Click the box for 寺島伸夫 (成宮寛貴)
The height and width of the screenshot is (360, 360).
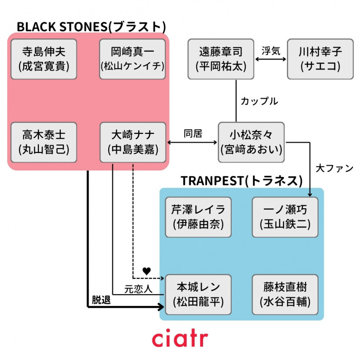click(43, 59)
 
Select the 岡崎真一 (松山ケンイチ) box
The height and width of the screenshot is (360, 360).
click(133, 59)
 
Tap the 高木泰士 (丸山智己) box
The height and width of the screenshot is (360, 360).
click(43, 143)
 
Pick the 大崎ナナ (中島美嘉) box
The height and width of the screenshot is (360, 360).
click(133, 143)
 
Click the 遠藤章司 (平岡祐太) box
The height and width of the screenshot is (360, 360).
click(221, 59)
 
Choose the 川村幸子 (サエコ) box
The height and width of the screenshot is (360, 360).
click(320, 59)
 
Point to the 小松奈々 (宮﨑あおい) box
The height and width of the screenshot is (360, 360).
click(251, 143)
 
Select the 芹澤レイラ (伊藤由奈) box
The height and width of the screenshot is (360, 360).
click(198, 217)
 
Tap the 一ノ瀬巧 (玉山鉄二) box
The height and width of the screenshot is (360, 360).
click(285, 217)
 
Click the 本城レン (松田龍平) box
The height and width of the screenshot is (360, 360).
click(198, 295)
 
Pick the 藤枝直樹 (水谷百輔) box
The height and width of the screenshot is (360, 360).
click(285, 295)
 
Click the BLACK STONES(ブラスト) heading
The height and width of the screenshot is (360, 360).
click(91, 27)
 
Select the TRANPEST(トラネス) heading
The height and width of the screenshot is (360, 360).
click(242, 180)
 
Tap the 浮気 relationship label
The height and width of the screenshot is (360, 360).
click(270, 50)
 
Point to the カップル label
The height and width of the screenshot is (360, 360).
click(259, 101)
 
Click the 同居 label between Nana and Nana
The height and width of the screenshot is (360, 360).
click(193, 133)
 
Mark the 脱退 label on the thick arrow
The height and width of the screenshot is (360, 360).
click(101, 300)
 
